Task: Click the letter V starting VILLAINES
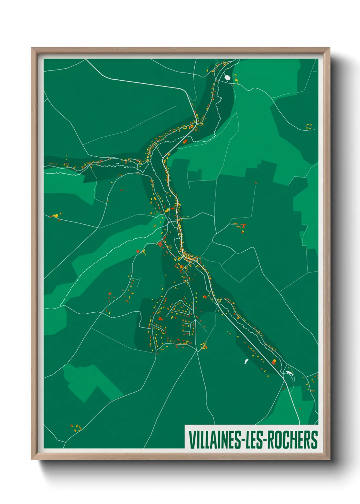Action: tap(192, 440)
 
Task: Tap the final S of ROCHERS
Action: tap(315, 440)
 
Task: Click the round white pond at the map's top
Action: tap(228, 78)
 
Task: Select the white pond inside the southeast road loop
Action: tap(290, 373)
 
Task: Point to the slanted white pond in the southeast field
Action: tap(246, 361)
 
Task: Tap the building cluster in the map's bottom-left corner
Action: tap(77, 428)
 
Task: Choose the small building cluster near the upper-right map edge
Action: tap(309, 126)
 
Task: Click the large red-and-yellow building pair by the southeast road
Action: tap(274, 361)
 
